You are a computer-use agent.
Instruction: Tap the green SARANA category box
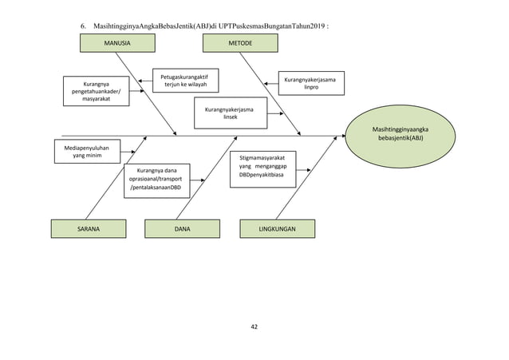[89, 228]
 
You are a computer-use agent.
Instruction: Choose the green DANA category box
[182, 228]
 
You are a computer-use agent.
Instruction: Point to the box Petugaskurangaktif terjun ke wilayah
[185, 80]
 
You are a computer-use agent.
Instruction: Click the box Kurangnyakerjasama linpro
[310, 82]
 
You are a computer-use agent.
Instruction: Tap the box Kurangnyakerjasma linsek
[230, 112]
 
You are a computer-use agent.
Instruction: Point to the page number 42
[254, 326]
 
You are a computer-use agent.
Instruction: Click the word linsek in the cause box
[230, 117]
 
